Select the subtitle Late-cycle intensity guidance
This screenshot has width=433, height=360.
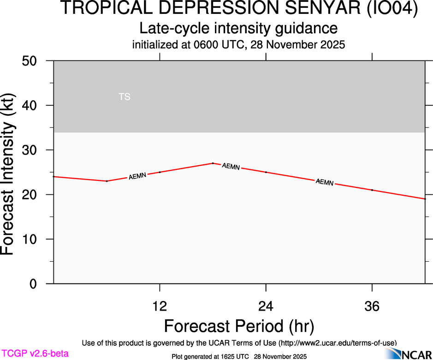click(239, 29)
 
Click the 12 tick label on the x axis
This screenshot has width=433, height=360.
click(160, 306)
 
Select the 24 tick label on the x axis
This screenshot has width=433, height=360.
click(266, 306)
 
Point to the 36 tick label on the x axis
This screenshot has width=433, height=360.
click(372, 306)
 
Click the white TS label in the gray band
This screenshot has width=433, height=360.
click(125, 97)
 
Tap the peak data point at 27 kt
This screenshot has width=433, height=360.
click(213, 163)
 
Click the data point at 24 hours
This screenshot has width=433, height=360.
click(266, 172)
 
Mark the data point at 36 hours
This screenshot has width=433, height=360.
click(372, 190)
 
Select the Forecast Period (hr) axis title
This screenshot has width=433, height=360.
click(239, 326)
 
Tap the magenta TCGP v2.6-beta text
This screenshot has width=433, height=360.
click(35, 354)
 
